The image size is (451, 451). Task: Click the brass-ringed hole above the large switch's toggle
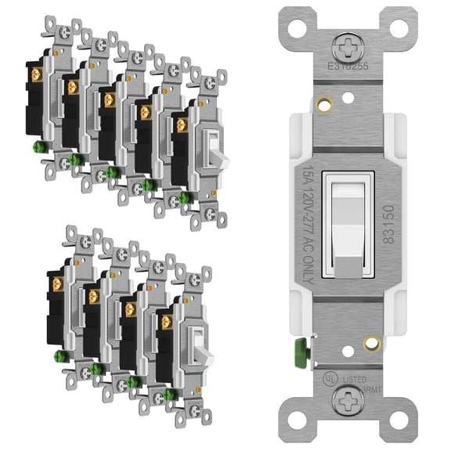(x=320, y=103)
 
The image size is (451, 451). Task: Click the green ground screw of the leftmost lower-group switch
(x=59, y=356)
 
